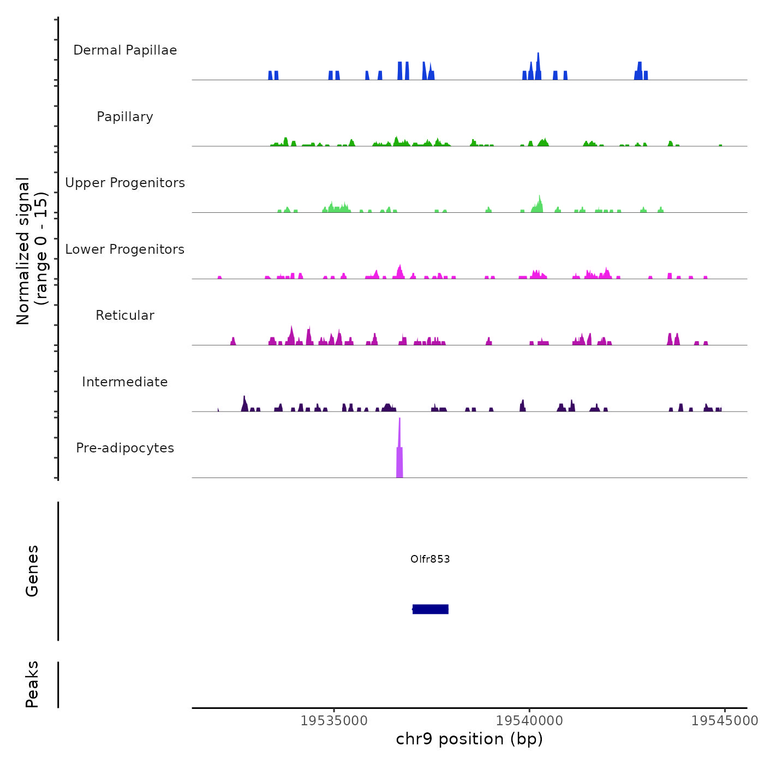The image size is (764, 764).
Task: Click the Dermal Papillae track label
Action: [125, 50]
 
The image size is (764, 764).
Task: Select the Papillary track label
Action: [125, 117]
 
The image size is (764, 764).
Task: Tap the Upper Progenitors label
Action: [125, 183]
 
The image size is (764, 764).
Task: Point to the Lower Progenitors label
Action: [125, 249]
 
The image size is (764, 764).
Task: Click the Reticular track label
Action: [125, 315]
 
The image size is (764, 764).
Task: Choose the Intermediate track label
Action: [125, 382]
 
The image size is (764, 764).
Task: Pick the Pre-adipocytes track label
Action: [125, 448]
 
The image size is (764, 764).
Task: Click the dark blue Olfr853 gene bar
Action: [431, 609]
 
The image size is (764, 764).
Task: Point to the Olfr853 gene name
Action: [430, 559]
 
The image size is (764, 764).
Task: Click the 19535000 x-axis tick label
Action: [335, 721]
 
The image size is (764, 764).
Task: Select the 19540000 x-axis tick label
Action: [529, 721]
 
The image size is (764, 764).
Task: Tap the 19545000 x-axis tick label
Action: [724, 721]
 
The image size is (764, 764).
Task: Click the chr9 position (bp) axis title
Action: [469, 739]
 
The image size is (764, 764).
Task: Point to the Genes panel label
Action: [32, 571]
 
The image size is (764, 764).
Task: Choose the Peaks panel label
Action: [32, 684]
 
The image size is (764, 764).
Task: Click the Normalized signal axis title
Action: [23, 251]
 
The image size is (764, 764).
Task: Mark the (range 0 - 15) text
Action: [41, 248]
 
